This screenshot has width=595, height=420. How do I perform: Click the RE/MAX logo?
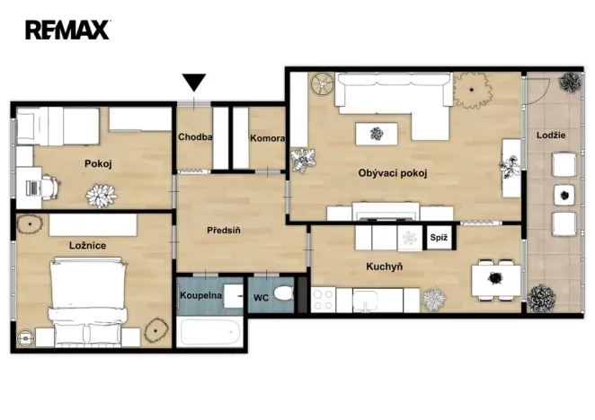[x=67, y=30]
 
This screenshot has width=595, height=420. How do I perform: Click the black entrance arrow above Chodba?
[x=194, y=82]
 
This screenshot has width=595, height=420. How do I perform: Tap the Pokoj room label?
[x=98, y=163]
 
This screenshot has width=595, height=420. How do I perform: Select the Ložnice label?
[x=88, y=245]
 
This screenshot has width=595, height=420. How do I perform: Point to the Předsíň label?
[x=224, y=230]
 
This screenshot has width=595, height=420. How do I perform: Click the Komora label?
[x=267, y=138]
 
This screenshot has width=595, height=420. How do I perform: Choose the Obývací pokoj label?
[x=393, y=173]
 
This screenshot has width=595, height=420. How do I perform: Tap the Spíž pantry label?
[x=439, y=238]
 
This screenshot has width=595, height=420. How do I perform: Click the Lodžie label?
[x=551, y=136]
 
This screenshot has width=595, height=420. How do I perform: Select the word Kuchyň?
[x=385, y=267]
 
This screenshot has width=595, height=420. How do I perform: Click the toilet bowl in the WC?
[x=283, y=293]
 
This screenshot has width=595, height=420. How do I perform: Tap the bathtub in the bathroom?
[x=209, y=332]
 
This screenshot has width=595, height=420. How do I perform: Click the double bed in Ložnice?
[x=88, y=302]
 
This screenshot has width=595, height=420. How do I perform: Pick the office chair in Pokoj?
[x=51, y=187]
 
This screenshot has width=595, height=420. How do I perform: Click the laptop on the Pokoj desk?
[x=33, y=188]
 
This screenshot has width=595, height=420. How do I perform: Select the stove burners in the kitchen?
[x=323, y=300]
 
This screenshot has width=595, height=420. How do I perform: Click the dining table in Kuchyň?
[x=496, y=280]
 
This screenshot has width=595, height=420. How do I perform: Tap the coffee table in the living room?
[x=377, y=134]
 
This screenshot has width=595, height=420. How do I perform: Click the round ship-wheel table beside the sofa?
[x=322, y=84]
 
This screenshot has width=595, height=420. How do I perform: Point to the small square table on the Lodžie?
[x=564, y=195]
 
